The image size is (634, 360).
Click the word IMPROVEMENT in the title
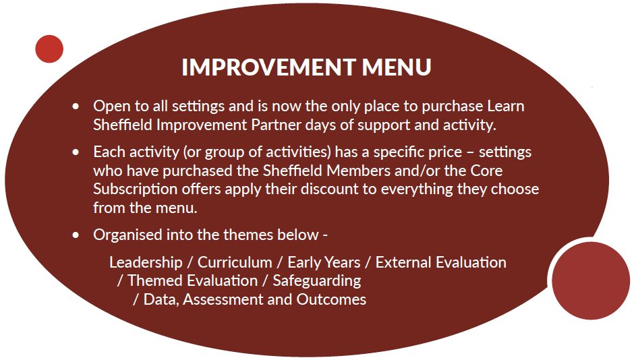pos(268,67)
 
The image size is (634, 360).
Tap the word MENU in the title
pos(397,67)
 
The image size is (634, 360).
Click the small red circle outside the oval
pos(49,49)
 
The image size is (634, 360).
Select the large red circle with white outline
pos(591,280)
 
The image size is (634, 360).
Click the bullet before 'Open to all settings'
pos(76,107)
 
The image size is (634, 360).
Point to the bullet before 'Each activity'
pos(76,152)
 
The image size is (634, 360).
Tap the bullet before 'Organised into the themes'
pos(76,235)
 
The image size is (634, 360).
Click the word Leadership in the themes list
pos(146,263)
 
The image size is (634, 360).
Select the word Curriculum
pos(235,262)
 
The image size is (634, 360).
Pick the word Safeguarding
pos(317,281)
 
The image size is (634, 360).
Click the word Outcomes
pos(331,299)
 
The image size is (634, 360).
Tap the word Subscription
pos(135,189)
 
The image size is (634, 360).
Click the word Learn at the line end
pos(506,106)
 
